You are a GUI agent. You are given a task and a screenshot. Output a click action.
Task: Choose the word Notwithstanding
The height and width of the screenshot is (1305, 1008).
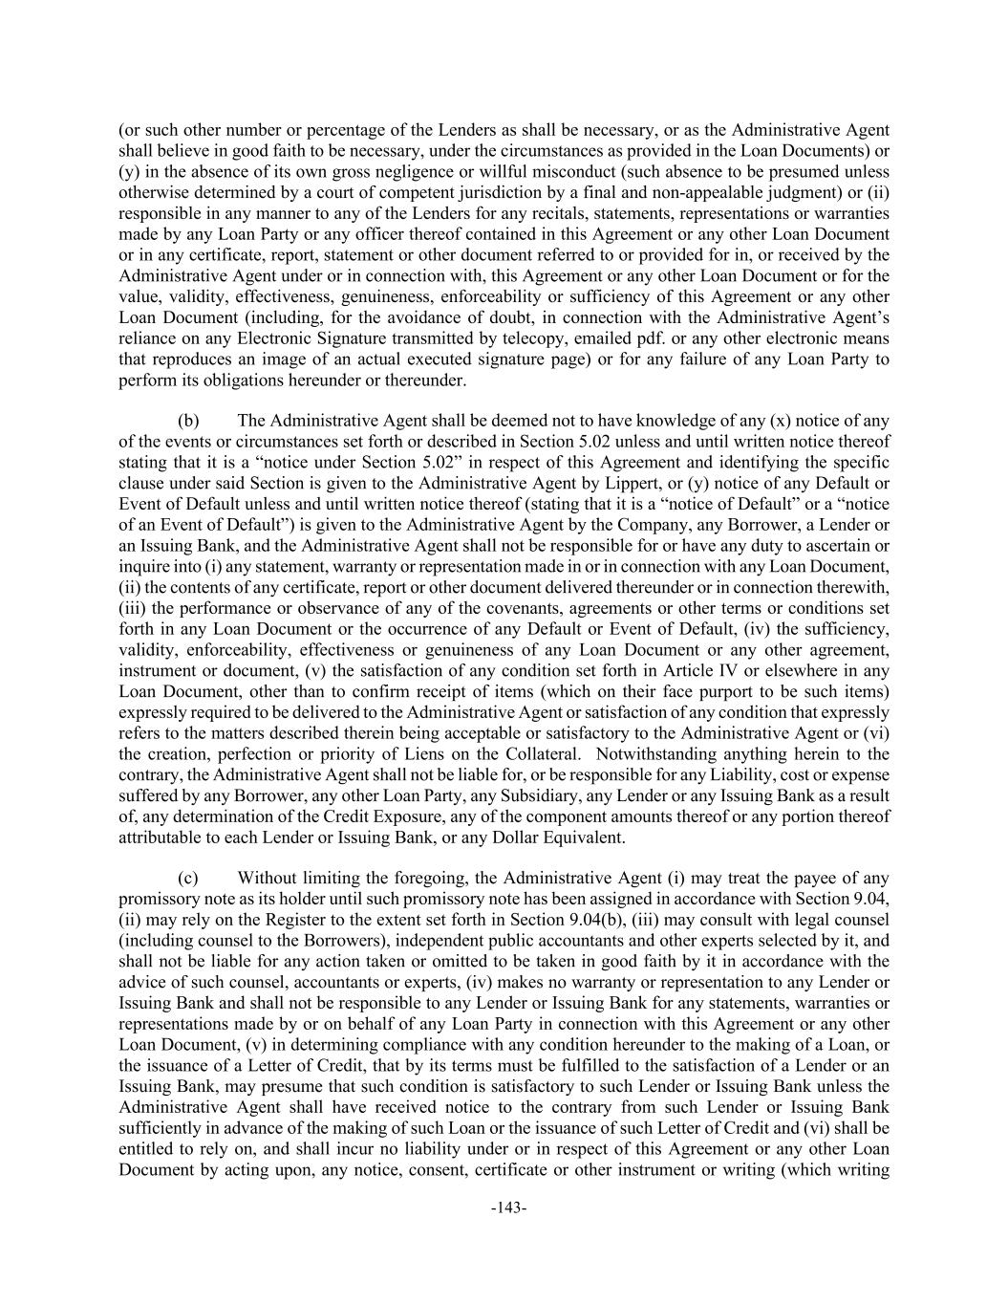pos(656,753)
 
